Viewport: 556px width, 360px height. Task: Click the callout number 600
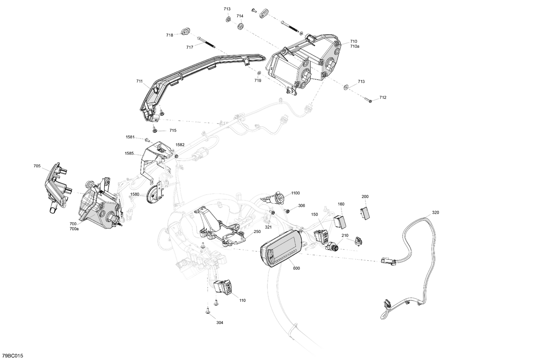coord(296,268)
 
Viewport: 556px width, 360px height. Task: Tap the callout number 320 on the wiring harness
coord(436,213)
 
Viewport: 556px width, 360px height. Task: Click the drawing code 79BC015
coord(12,356)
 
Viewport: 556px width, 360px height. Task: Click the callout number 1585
coord(129,153)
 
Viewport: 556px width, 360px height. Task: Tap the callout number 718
coord(169,35)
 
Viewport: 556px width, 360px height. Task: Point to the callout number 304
coord(220,323)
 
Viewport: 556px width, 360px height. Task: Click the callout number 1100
coord(295,193)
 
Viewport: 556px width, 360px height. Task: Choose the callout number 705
coord(37,166)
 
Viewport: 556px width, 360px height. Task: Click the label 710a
coord(354,46)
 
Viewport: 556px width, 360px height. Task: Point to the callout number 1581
coord(130,137)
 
